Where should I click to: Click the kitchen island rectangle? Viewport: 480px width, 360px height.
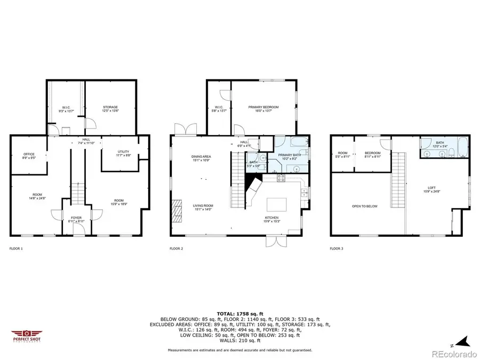(x=276, y=204)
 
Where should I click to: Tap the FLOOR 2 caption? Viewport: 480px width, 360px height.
(x=176, y=249)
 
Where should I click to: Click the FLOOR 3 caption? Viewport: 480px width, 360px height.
(x=336, y=249)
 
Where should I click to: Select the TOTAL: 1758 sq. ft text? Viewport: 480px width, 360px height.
(x=240, y=314)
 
